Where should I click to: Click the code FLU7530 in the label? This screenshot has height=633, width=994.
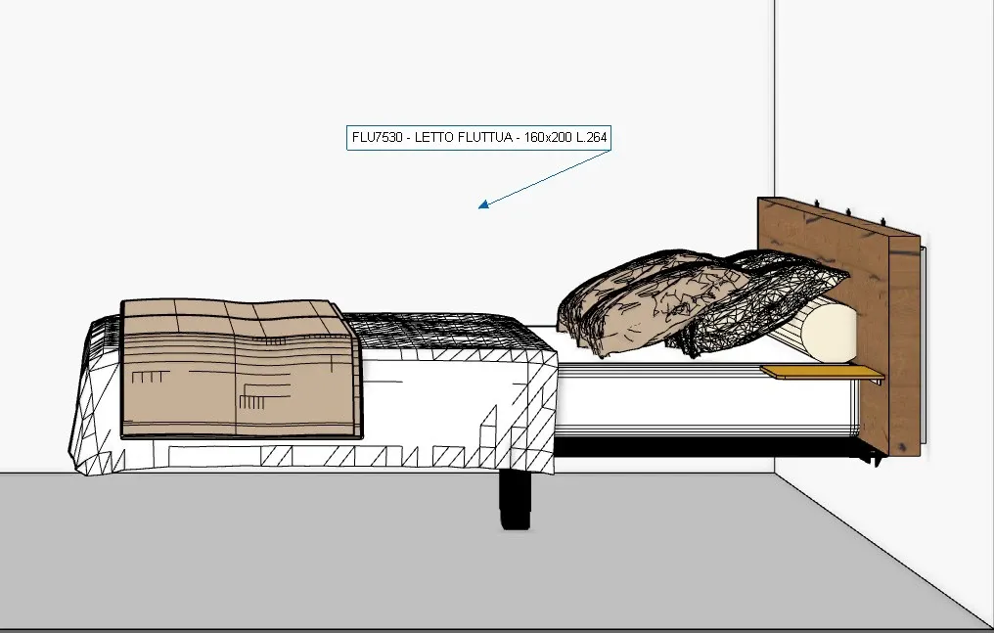[374, 138]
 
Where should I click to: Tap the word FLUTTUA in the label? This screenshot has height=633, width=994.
[485, 138]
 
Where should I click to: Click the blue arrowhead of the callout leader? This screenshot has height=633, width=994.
[481, 205]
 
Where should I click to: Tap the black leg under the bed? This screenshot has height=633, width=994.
[515, 499]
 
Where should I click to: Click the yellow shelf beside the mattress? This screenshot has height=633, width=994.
[822, 372]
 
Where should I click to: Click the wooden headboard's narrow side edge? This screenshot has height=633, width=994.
[905, 342]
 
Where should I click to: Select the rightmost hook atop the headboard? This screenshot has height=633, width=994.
[884, 219]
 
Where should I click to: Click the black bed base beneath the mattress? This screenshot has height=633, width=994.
[704, 447]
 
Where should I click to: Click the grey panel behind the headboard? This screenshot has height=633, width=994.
[923, 342]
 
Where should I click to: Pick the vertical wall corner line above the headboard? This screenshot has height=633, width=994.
[775, 98]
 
